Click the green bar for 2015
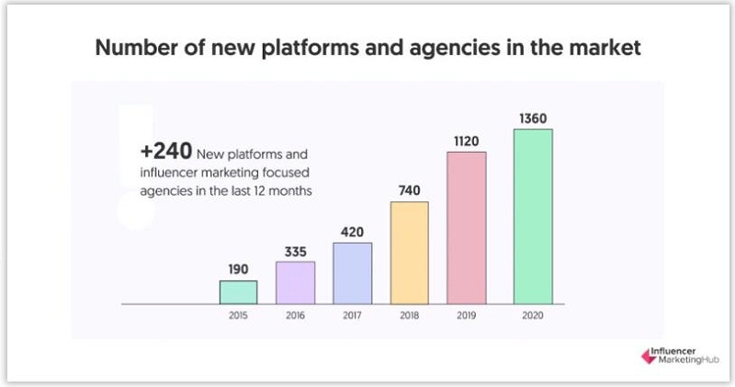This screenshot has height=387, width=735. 238,291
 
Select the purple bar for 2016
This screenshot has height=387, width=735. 295,282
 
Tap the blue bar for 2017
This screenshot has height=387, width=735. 352,273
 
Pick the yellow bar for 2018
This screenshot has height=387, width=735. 409,252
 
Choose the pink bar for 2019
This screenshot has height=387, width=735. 466,227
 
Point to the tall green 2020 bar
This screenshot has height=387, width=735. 533,216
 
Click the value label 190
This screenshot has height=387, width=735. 238,268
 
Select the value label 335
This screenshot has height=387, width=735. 295,250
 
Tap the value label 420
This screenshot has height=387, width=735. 352,231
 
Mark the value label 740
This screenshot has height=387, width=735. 409,189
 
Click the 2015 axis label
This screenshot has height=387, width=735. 238,314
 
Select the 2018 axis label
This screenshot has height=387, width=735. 409,314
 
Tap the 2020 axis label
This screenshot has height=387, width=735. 533,314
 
